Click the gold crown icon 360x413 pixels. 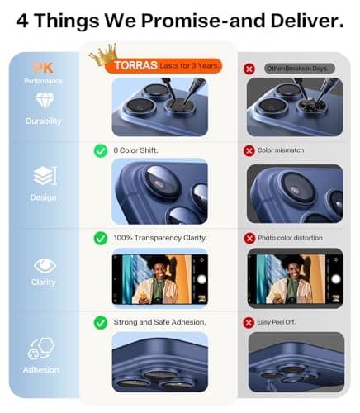pos(104,55)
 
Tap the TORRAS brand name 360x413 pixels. pos(136,65)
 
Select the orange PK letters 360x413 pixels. pos(43,68)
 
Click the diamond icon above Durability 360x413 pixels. pos(45,101)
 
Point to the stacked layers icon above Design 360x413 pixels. pos(45,175)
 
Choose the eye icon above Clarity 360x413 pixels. pos(45,266)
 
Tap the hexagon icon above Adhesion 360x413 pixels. pos(41,349)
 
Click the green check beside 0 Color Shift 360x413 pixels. pos(101,151)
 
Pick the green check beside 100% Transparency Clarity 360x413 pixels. pos(101,239)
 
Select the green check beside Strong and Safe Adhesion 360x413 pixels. pos(101,323)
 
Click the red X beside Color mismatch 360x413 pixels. pos(249,150)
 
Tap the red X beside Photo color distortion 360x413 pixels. pos(249,238)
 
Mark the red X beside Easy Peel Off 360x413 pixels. pos(249,322)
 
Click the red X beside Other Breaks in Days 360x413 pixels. pos(249,69)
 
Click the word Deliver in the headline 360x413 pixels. pos(307,21)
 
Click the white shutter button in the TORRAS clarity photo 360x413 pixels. pos(201,279)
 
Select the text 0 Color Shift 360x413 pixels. pos(135,150)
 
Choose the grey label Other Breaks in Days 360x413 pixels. pos(300,69)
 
